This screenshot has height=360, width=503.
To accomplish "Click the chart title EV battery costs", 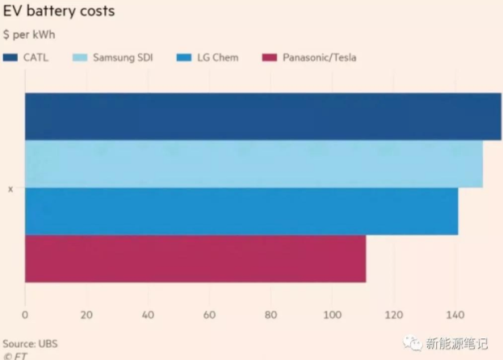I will tap(58, 12).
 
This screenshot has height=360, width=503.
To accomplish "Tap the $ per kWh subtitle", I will tap(29, 35).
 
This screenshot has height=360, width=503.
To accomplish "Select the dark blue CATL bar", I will tap(262, 116).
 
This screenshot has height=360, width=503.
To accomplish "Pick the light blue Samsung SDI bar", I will tap(254, 164).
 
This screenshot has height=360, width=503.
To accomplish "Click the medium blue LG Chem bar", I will tap(241, 211).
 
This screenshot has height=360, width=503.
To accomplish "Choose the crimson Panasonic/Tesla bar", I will tap(195, 258).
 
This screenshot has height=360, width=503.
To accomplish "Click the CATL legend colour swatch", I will tap(10, 57).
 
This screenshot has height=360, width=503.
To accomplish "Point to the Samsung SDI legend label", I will tap(120, 57).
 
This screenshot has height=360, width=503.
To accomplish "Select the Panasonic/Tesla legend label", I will tap(319, 57).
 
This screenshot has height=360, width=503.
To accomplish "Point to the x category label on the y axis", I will tap(10, 189).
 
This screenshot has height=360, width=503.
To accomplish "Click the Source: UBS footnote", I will tap(31, 343).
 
